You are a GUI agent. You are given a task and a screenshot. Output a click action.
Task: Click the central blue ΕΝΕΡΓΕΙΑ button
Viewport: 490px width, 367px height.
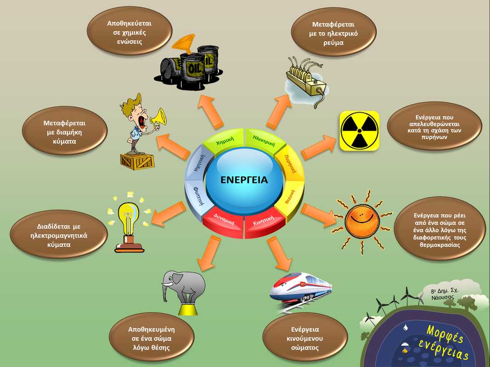tap(243, 180)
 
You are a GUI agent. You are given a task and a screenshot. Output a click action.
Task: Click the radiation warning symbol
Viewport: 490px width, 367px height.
tap(359, 131)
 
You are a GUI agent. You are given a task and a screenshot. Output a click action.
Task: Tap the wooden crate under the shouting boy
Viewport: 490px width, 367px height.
tap(137, 161)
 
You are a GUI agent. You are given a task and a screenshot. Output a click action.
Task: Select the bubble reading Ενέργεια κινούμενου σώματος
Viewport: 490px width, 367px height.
tap(304, 338)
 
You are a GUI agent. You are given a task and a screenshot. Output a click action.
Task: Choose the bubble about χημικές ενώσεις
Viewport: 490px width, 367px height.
tap(130, 32)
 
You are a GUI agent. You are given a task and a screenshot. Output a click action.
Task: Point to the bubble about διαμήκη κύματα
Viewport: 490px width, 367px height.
tap(64, 133)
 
